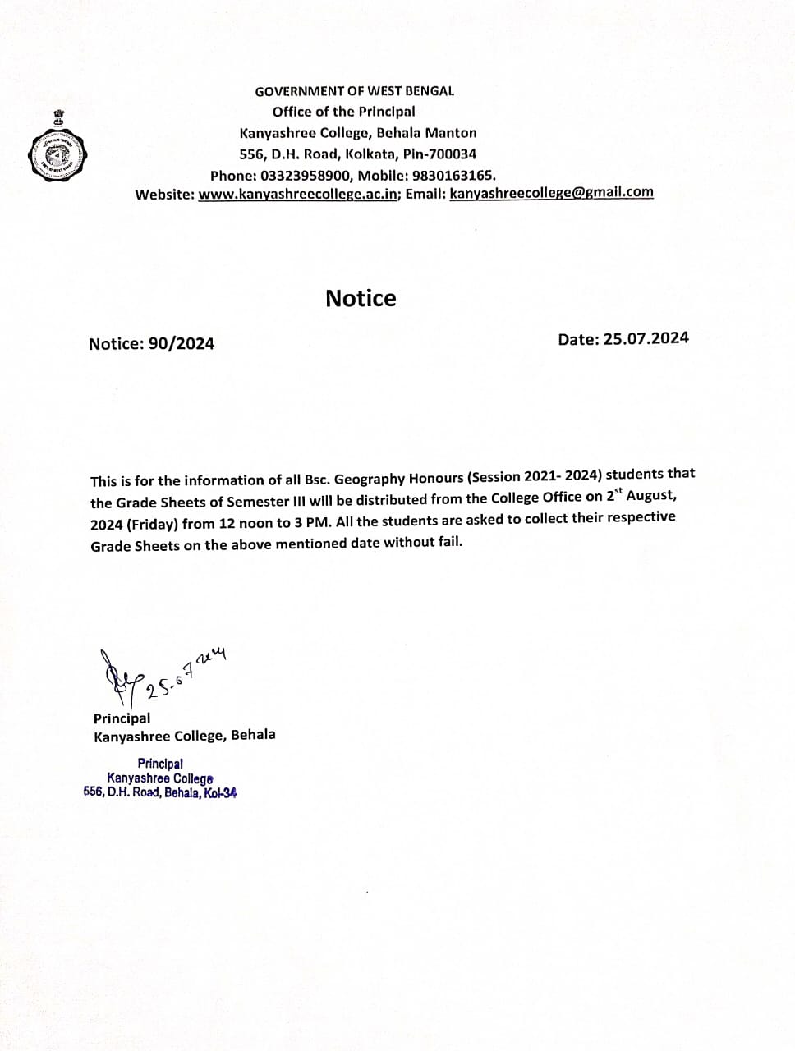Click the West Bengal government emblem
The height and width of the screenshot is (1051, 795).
point(57,149)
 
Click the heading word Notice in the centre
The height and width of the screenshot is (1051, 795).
point(361,298)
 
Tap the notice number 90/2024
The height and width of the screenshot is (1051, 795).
point(182,344)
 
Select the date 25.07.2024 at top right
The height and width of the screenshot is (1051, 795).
point(646,338)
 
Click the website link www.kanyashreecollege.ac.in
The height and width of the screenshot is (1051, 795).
point(298,195)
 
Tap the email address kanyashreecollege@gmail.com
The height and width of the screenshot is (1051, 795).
point(552,193)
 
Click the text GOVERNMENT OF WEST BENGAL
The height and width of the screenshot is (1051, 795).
point(354,91)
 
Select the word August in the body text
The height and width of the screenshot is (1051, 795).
point(652,497)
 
